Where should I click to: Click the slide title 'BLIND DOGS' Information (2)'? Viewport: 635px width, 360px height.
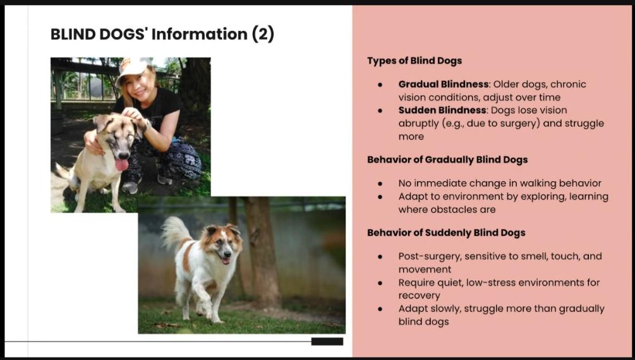[162, 34]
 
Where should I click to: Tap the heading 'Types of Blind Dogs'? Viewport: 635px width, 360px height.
[414, 61]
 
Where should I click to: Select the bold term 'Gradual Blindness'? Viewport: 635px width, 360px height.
[444, 84]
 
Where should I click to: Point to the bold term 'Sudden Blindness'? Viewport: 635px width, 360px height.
[442, 110]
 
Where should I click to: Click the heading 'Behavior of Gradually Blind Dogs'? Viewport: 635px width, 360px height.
[447, 160]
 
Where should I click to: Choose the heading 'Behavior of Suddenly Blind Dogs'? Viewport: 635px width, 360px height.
[446, 233]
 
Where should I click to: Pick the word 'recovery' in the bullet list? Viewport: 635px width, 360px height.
[419, 296]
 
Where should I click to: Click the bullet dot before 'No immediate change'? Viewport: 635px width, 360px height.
[380, 183]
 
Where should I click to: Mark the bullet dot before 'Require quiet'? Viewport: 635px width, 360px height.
[380, 283]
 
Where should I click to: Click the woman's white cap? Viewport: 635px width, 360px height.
[132, 67]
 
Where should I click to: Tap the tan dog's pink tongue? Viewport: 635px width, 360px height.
[121, 164]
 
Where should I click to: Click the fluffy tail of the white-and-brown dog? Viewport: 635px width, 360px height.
[174, 232]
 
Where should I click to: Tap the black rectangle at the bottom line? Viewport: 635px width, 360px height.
[327, 342]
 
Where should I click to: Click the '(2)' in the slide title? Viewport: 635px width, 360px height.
[263, 34]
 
